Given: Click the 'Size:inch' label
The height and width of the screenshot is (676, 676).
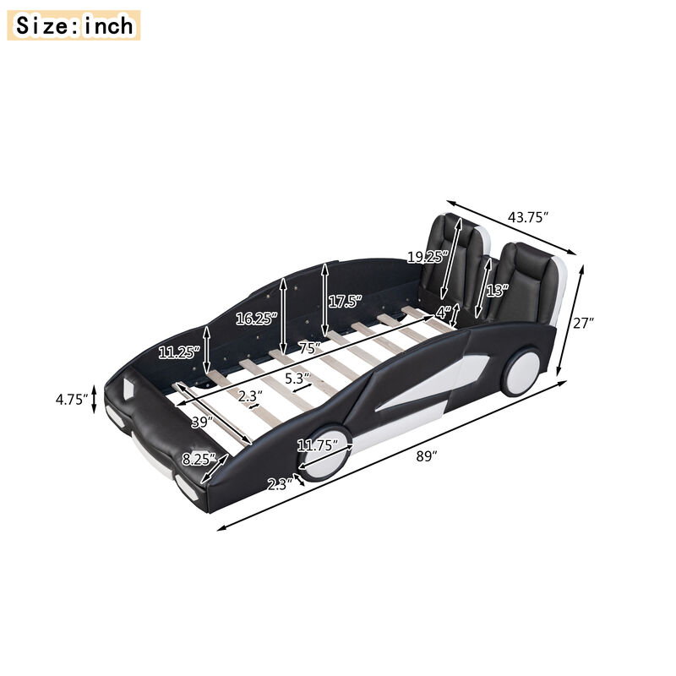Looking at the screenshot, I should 74,25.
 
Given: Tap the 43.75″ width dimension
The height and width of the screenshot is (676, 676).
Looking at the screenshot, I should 528,217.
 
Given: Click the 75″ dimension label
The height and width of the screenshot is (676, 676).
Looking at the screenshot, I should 310,348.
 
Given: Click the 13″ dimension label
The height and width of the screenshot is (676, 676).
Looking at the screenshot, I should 496,290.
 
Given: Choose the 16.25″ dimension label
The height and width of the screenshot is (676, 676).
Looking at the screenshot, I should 255,319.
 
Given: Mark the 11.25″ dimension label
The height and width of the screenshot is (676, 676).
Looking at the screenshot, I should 179,352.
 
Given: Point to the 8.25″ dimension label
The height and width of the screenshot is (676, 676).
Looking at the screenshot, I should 198,460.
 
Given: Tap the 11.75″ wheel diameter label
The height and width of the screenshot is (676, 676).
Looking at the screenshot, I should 317,444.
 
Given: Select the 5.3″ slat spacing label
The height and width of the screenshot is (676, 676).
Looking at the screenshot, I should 297,378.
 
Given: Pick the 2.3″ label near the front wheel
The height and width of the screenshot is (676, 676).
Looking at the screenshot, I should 280,484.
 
